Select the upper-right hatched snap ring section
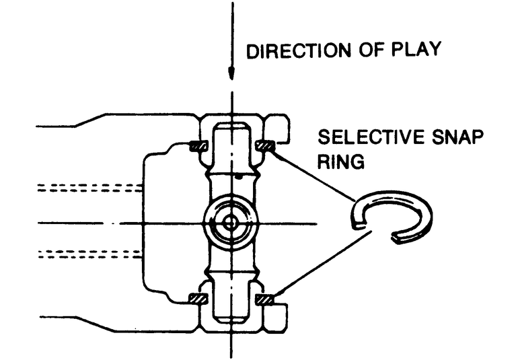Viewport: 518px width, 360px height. tap(264, 145)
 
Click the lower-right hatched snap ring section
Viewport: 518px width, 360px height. tap(264, 298)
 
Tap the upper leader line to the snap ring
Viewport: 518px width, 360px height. tap(313, 176)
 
